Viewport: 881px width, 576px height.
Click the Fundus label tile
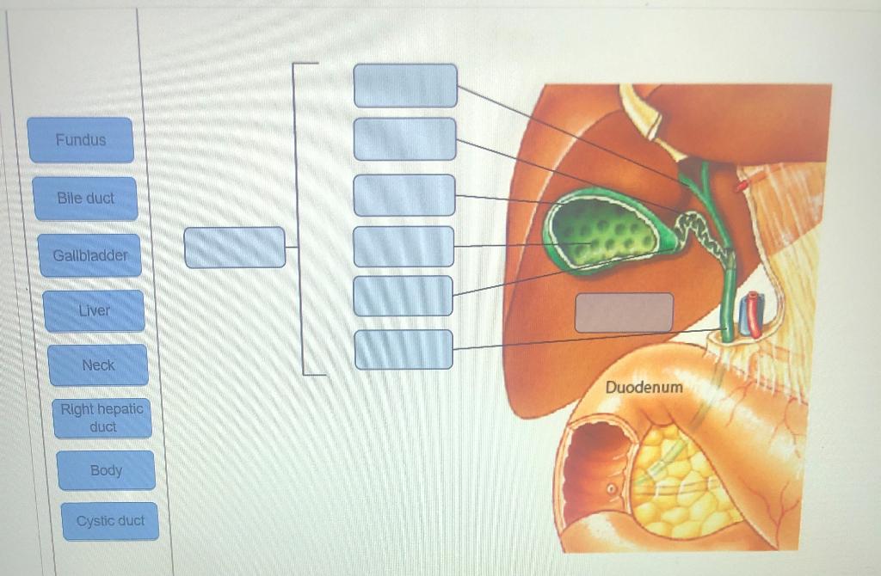click(x=81, y=140)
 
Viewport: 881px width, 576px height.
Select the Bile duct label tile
click(x=85, y=199)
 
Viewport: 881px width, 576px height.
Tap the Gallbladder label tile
click(x=89, y=255)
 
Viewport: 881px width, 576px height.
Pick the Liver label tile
click(x=95, y=310)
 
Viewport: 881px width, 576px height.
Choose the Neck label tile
click(x=98, y=365)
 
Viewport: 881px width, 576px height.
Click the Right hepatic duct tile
click(x=102, y=418)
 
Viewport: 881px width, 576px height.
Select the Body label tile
click(x=106, y=470)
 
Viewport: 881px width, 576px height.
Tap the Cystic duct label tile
click(x=110, y=521)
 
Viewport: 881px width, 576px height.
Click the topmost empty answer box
click(x=405, y=85)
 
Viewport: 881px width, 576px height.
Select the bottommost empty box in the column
click(x=404, y=349)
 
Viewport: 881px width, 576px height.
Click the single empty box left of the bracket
click(x=234, y=248)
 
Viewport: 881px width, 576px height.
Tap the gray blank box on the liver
click(x=624, y=312)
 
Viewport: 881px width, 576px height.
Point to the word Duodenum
click(x=644, y=388)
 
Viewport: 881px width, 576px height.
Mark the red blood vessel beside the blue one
click(x=755, y=314)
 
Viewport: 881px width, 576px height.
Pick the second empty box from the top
click(x=404, y=139)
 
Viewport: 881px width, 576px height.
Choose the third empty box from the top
click(x=404, y=195)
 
